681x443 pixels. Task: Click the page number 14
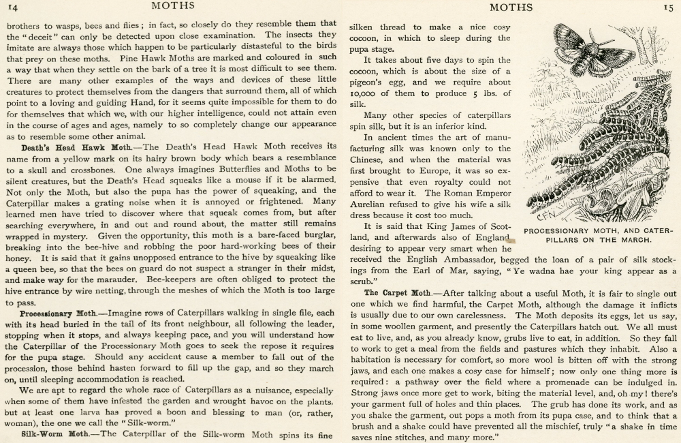tap(13, 8)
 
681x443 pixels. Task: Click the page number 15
tap(669, 7)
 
